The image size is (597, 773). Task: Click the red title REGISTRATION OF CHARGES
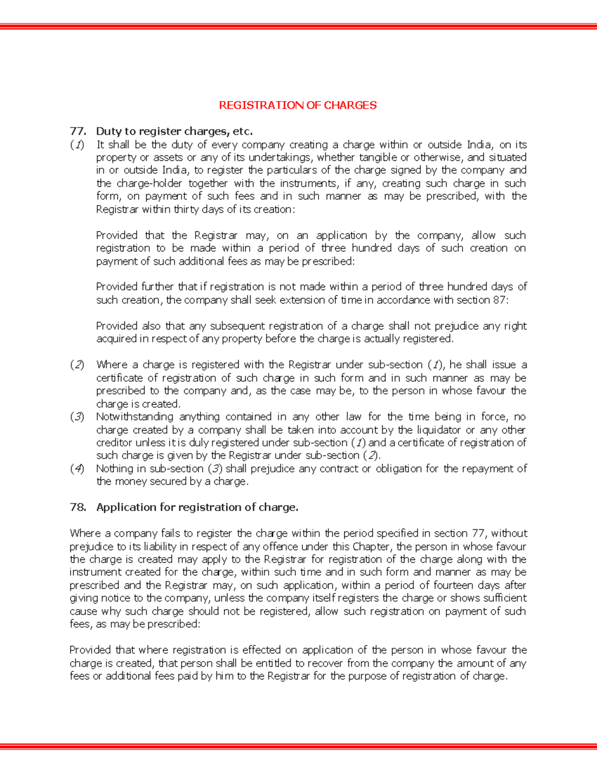pos(298,105)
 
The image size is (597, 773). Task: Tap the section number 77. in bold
pos(78,131)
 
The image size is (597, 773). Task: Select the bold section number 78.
pos(78,507)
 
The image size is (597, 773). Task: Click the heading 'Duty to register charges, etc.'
pos(174,131)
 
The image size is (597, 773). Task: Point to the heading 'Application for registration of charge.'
pos(197,507)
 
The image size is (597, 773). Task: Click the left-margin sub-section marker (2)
pos(77,365)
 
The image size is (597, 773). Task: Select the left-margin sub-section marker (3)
pos(77,417)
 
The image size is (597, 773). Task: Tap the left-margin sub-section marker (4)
pos(77,468)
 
